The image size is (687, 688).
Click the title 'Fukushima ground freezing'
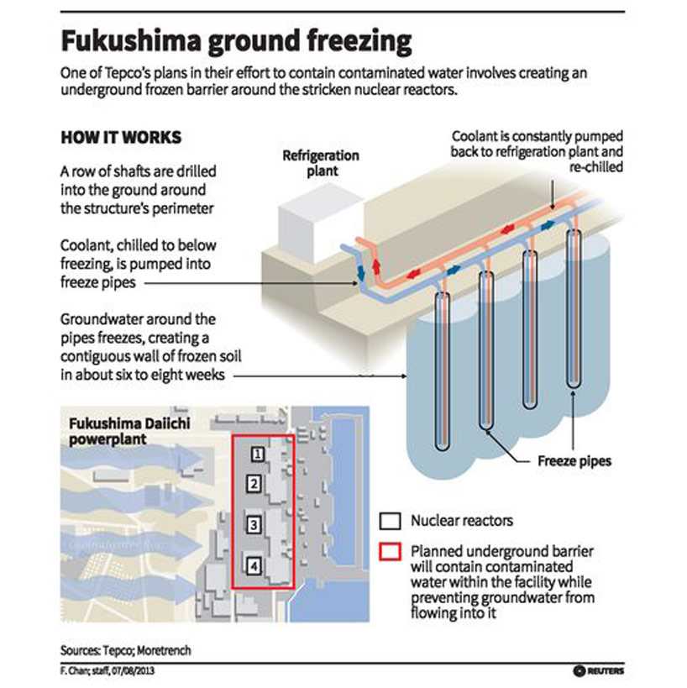tap(236, 41)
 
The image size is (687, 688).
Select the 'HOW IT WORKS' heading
tap(121, 138)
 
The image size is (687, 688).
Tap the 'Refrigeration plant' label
tap(320, 163)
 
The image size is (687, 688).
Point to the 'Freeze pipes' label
tap(574, 461)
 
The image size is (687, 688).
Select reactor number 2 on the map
tap(252, 483)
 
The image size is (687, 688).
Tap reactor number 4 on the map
tap(254, 566)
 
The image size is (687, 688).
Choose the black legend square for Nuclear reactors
tap(389, 521)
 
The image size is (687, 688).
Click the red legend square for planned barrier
tap(389, 553)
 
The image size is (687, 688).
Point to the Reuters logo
tap(599, 670)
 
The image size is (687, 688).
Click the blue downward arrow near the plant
tap(360, 273)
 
